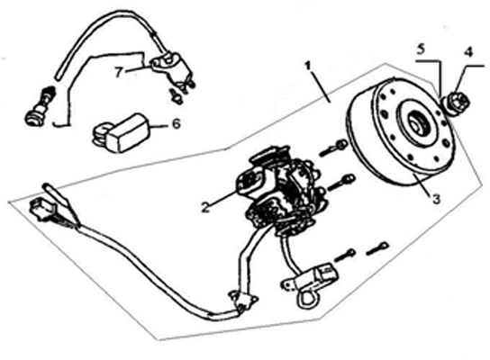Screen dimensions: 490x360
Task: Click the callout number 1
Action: [x=308, y=66]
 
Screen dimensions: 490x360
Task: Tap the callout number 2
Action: [x=205, y=208]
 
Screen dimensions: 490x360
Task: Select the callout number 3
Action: [x=436, y=199]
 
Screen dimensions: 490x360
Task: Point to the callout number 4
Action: [x=467, y=52]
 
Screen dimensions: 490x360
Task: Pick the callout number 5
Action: [x=421, y=49]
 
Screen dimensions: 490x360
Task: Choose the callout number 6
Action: [x=177, y=124]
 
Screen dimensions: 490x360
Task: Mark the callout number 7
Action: [x=118, y=72]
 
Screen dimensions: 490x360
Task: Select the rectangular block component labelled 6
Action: [x=122, y=132]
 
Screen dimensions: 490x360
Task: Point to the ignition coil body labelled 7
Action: [x=172, y=71]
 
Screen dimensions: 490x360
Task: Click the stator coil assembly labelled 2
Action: [x=280, y=192]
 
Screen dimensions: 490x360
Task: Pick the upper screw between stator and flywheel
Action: [x=333, y=148]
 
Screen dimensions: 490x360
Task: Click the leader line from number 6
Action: [x=160, y=127]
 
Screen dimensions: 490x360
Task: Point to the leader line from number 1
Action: [x=319, y=85]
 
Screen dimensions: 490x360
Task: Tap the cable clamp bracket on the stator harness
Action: [x=243, y=301]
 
